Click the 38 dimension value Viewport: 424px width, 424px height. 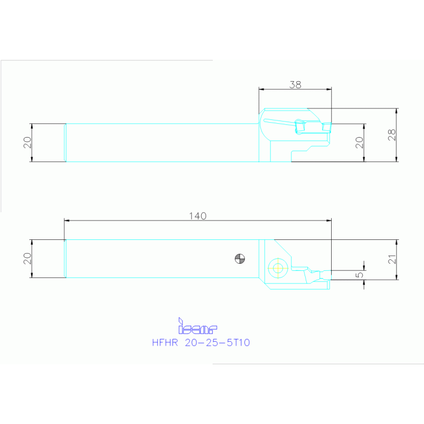pyautogui.click(x=295, y=85)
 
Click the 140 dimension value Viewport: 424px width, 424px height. pyautogui.click(x=197, y=216)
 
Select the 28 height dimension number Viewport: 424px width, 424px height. pyautogui.click(x=391, y=135)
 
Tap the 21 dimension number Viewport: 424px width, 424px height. pyautogui.click(x=391, y=259)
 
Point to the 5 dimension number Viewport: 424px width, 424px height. pyautogui.click(x=359, y=273)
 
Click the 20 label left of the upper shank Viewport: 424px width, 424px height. pyautogui.click(x=27, y=142)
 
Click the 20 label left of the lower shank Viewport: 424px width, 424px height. pyautogui.click(x=27, y=259)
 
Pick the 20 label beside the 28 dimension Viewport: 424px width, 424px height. pyautogui.click(x=359, y=142)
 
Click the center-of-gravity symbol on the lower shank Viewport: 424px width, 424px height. pyautogui.click(x=239, y=258)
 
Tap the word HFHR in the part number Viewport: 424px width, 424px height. pyautogui.click(x=164, y=343)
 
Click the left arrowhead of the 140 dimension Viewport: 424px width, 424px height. pyautogui.click(x=67, y=221)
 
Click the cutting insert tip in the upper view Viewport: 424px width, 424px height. pyautogui.click(x=327, y=128)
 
